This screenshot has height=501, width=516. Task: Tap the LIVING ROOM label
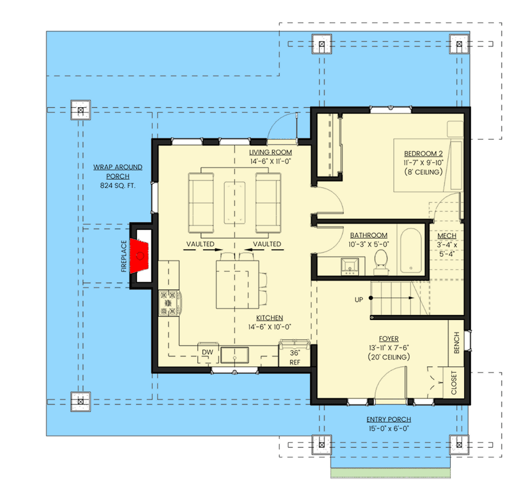[271, 152]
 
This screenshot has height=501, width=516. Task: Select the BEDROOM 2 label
[423, 153]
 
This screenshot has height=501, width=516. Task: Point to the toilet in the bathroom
[381, 261]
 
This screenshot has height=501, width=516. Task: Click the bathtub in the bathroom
[413, 251]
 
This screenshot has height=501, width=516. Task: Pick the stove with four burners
[170, 303]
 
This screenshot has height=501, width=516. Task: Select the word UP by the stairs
[359, 300]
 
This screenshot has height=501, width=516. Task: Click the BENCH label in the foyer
[456, 343]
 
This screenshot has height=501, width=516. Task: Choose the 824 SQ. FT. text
[118, 186]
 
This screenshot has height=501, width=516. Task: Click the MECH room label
[447, 235]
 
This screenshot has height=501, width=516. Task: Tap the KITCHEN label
[269, 318]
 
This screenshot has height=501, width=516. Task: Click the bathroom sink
[349, 266]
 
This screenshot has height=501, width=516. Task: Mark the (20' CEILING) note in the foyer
[389, 357]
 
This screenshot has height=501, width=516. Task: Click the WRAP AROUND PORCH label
[118, 172]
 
